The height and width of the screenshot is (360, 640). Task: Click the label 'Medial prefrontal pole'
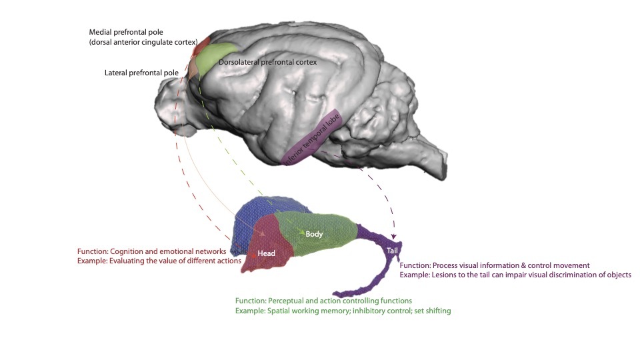(x=125, y=32)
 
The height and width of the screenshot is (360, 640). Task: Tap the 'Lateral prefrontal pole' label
(x=141, y=72)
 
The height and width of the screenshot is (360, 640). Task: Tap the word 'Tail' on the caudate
(x=392, y=250)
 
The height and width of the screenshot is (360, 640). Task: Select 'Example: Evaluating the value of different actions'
(x=159, y=261)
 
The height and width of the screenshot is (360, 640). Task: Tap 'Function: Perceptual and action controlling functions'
(x=323, y=301)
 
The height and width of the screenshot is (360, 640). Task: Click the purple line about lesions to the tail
(x=515, y=275)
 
